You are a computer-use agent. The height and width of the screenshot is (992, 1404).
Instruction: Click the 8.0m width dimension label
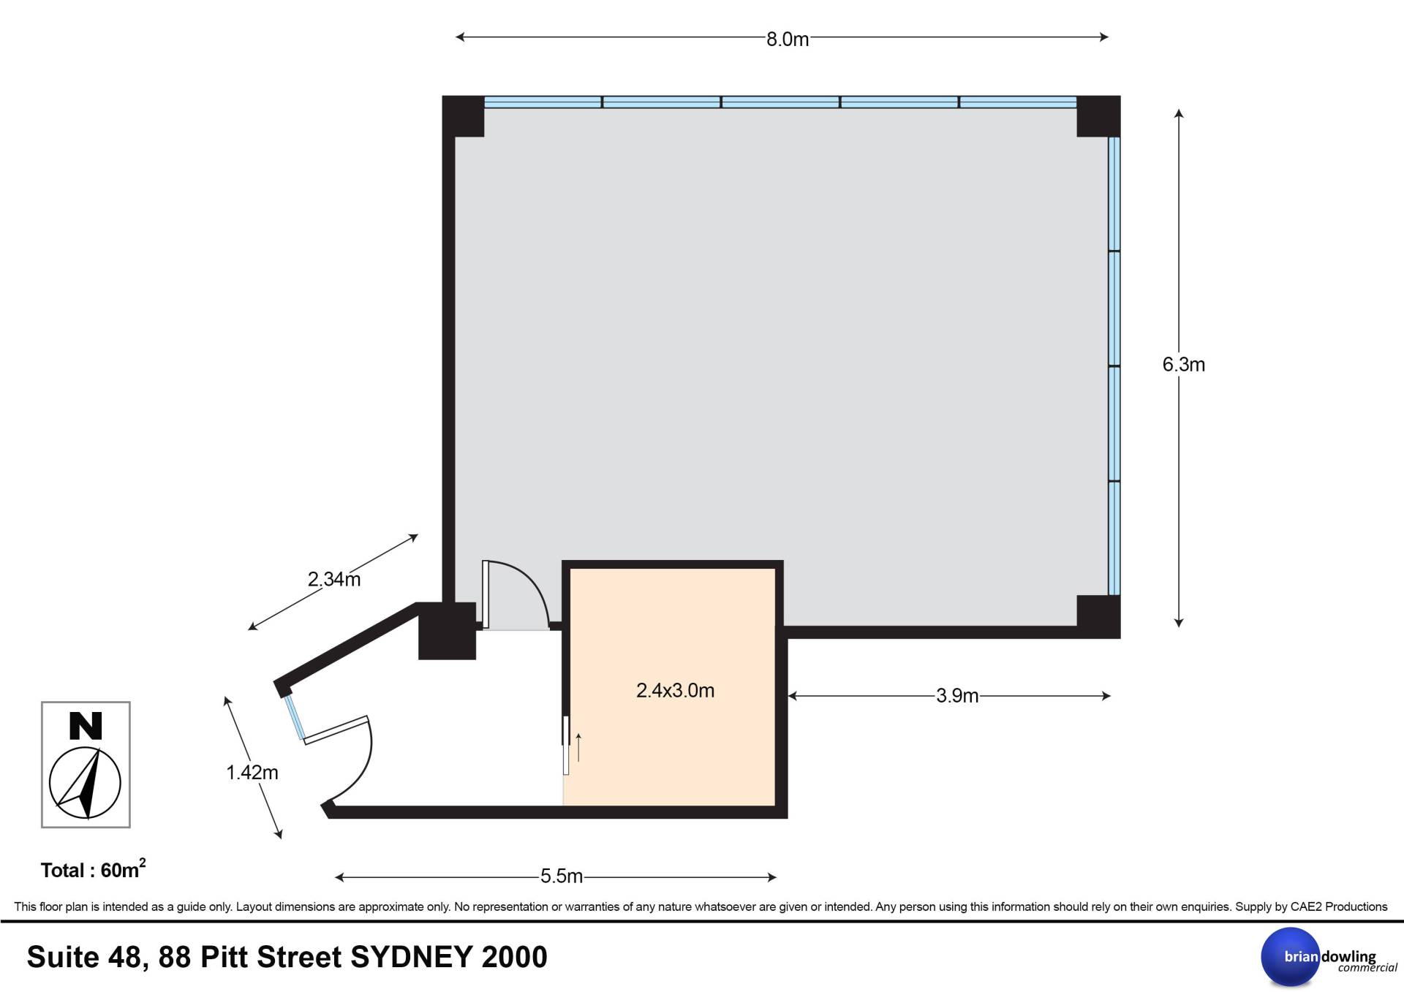[788, 39]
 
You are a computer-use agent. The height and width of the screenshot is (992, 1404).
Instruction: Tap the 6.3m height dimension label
[1184, 364]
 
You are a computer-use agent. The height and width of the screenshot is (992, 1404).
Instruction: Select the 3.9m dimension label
[957, 696]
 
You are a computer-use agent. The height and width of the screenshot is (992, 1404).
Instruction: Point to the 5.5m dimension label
[562, 876]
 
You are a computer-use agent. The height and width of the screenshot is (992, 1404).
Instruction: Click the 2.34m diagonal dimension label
[334, 580]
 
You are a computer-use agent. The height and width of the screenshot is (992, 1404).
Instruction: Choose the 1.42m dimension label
[252, 773]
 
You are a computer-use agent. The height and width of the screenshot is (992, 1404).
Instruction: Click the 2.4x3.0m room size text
[675, 690]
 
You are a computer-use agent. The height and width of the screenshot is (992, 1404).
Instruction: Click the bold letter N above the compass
[86, 726]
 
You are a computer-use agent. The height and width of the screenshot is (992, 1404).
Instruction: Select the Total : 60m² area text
[93, 869]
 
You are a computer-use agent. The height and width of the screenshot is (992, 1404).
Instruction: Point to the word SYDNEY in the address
[411, 958]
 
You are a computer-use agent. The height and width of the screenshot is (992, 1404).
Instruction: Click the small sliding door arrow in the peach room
[578, 747]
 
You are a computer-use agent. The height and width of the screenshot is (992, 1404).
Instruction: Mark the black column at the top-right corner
[1098, 116]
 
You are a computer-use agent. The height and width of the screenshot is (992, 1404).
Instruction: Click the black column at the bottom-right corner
[1098, 617]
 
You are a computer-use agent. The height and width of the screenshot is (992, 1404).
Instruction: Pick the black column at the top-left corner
[464, 116]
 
